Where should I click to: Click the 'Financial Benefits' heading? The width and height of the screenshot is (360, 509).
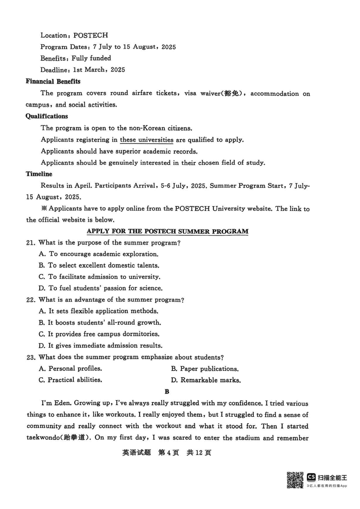click(53, 81)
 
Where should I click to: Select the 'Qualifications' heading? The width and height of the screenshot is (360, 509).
click(47, 116)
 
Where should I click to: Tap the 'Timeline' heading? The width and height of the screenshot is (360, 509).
click(39, 174)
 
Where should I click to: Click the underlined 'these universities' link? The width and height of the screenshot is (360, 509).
click(146, 139)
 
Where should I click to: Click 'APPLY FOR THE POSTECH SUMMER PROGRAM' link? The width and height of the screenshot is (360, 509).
click(167, 232)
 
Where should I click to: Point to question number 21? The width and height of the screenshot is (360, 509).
click(31, 243)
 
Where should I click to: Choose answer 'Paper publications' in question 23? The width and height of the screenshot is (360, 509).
click(205, 369)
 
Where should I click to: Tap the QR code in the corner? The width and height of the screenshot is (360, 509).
click(295, 479)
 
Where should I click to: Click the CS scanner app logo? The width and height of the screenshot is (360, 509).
click(311, 476)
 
